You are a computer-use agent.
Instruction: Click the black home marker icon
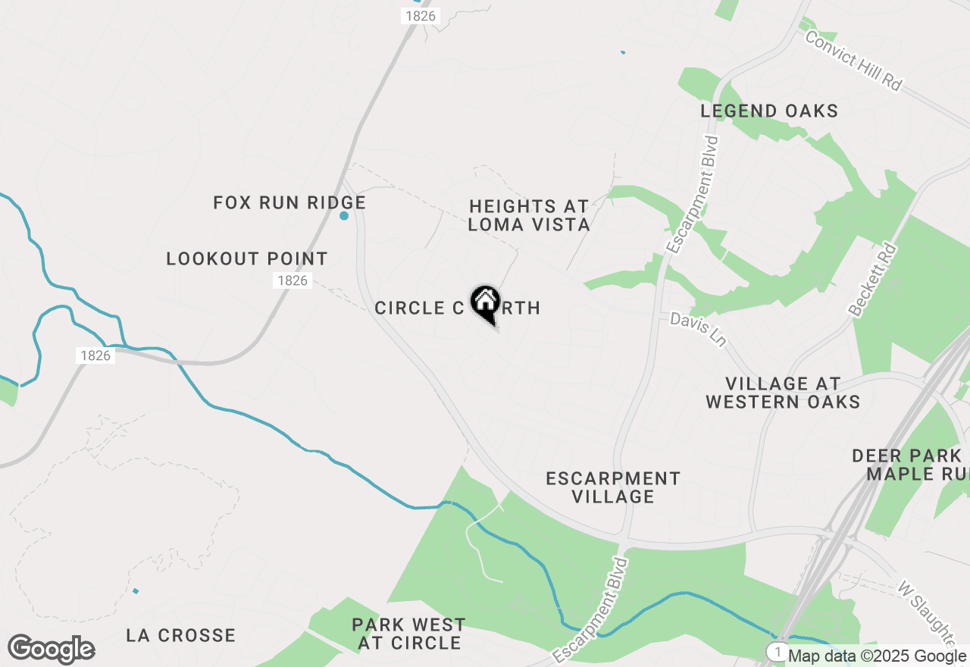(x=485, y=303)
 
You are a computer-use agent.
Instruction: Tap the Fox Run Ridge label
(x=289, y=203)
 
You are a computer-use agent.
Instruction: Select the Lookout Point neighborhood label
(x=247, y=259)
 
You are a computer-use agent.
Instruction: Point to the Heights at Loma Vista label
(x=529, y=215)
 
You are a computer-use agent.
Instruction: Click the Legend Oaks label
(x=769, y=111)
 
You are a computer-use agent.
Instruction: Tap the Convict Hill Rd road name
(x=854, y=61)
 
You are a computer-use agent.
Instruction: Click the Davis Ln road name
(x=698, y=330)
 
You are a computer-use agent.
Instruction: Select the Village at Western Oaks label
(x=783, y=393)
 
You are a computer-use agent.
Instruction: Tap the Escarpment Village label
(x=613, y=487)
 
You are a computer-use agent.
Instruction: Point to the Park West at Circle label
(x=409, y=634)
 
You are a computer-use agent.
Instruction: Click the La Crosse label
(x=181, y=635)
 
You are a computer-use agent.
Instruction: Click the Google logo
(x=51, y=650)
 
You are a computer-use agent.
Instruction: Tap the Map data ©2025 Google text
(x=877, y=656)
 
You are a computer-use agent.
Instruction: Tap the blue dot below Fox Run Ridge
(x=344, y=216)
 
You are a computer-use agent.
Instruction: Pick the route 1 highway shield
(x=777, y=652)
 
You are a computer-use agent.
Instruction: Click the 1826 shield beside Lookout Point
(x=293, y=280)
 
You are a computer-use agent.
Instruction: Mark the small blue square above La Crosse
(x=136, y=590)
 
